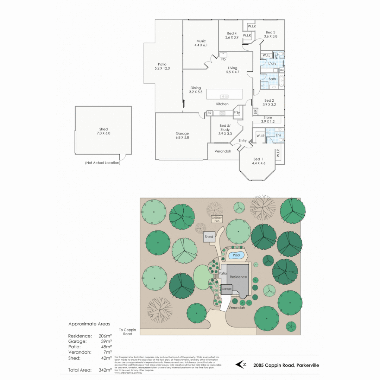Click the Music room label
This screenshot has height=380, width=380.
point(201,43)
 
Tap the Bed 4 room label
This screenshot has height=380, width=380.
point(232,35)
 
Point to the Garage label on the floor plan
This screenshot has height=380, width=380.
point(182,135)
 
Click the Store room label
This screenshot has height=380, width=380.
point(268,120)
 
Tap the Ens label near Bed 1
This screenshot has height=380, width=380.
point(278,135)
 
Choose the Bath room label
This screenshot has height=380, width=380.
point(272,79)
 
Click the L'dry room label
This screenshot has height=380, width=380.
point(272,64)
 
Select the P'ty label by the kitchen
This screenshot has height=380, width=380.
point(236,113)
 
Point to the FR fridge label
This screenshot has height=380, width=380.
point(209,113)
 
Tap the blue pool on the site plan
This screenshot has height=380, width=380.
point(236,255)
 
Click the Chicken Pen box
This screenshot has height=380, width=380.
point(217,219)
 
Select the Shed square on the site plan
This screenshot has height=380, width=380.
point(209,237)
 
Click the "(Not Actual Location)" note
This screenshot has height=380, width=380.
point(102,163)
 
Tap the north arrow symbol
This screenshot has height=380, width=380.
point(241,365)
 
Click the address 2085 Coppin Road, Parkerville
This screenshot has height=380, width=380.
point(286,365)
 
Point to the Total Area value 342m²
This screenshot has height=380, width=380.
point(105,370)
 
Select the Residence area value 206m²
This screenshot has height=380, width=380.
point(105,336)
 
